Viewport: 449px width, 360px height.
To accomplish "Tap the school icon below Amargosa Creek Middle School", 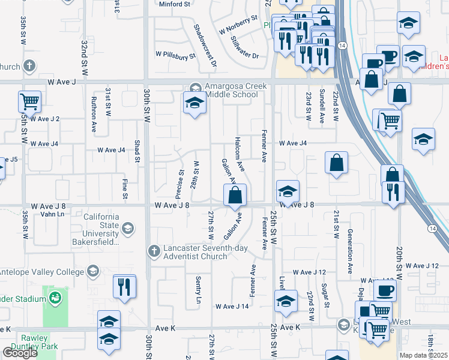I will pos(194,104).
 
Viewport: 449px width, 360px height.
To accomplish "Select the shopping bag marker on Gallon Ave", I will pos(235,195).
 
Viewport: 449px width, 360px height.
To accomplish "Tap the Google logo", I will pos(20,353).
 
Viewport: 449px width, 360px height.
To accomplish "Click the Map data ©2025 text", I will pos(423,355).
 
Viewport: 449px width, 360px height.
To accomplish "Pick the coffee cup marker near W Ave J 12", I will pos(385,290).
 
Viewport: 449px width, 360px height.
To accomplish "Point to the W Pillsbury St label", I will pos(176,56).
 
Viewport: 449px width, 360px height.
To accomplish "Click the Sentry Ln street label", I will pos(198,289).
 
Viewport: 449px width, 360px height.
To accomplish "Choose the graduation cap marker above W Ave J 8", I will pos(288,192).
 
